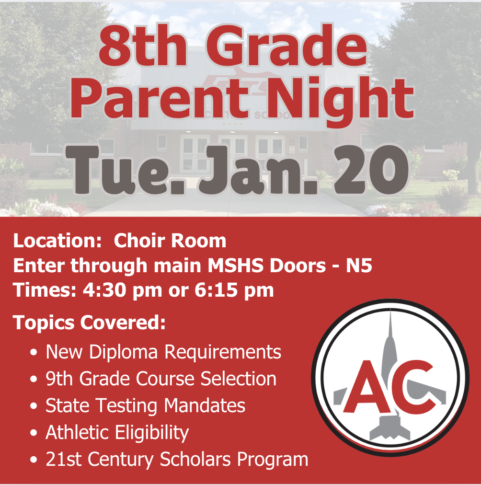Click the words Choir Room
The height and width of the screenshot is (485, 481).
[x=170, y=241]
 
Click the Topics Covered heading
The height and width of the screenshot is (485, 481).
[x=89, y=323]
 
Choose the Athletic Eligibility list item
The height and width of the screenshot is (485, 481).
[x=117, y=432]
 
